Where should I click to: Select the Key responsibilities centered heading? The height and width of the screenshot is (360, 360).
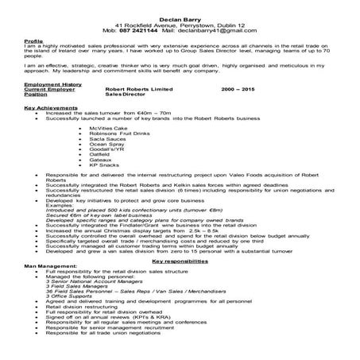(x=180, y=261)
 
